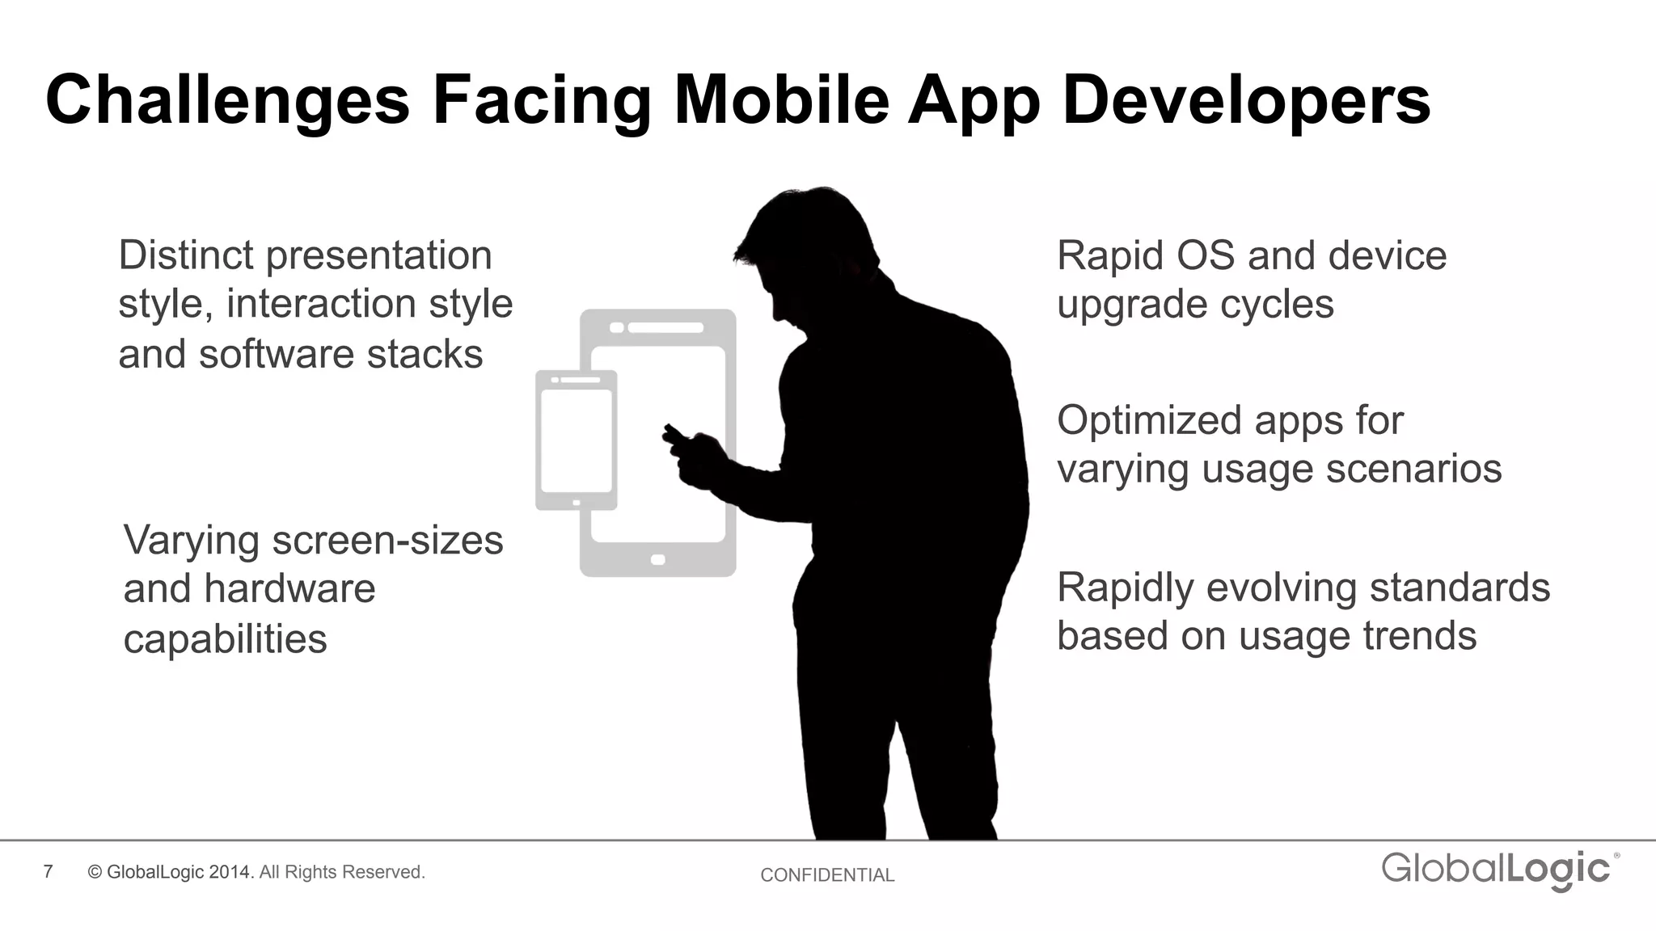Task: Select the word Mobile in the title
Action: click(x=781, y=100)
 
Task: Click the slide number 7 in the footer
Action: click(x=49, y=871)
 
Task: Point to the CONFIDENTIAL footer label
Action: click(x=827, y=874)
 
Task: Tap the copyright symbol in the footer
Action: click(x=95, y=872)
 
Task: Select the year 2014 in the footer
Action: click(x=231, y=872)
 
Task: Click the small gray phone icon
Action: click(x=576, y=440)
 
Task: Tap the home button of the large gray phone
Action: click(x=657, y=559)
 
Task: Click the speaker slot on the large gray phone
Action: click(x=665, y=327)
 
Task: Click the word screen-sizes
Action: click(x=387, y=540)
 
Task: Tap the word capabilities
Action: click(x=225, y=638)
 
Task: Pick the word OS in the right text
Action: click(x=1205, y=255)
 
